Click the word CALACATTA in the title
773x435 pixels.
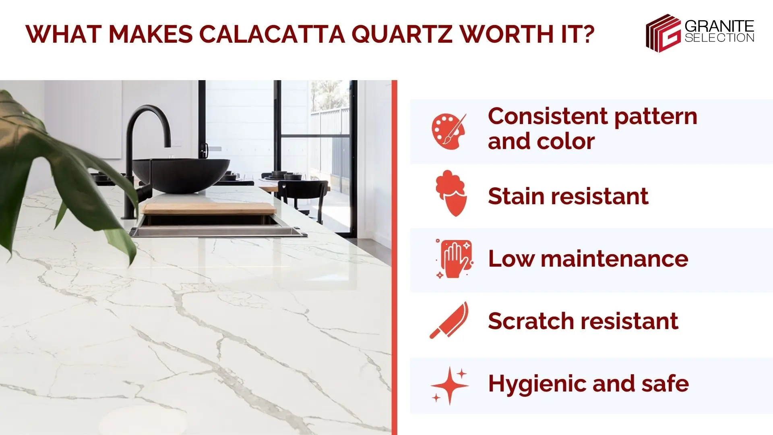click(272, 34)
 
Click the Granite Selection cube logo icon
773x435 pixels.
click(663, 33)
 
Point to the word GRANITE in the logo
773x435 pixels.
click(719, 27)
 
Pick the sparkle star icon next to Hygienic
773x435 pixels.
click(449, 385)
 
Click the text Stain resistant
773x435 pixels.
click(568, 196)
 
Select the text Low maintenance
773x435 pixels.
click(588, 259)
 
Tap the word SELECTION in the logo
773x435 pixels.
click(719, 38)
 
